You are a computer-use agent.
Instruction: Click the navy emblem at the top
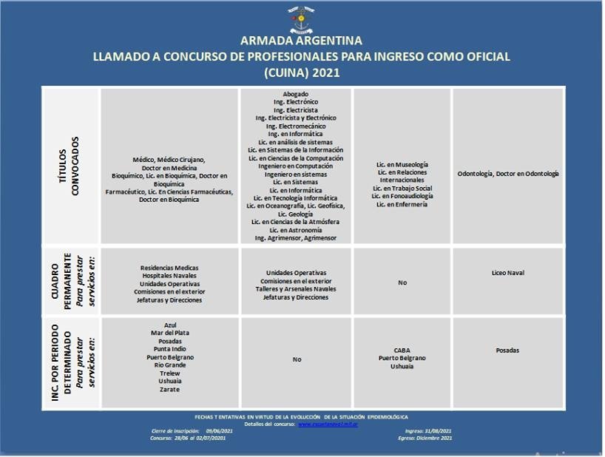point(301,19)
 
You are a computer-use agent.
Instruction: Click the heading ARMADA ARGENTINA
point(302,41)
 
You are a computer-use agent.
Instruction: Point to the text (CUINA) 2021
point(302,72)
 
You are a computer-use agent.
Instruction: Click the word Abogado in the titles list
point(295,95)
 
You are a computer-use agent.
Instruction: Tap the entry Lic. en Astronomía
point(295,230)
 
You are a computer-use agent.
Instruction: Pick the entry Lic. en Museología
point(402,164)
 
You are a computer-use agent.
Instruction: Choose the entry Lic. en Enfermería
point(402,204)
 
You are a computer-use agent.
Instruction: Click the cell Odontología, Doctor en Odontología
point(508,174)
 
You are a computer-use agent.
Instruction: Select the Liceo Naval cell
point(507,273)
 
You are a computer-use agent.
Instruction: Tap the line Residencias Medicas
point(169,268)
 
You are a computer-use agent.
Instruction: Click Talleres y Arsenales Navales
point(295,289)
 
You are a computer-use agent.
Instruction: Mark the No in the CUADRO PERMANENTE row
point(402,282)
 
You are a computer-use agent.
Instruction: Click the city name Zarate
point(169,389)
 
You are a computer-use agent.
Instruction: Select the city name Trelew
point(169,373)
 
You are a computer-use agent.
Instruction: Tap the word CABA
point(402,350)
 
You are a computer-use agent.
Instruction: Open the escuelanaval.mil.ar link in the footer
point(328,424)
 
